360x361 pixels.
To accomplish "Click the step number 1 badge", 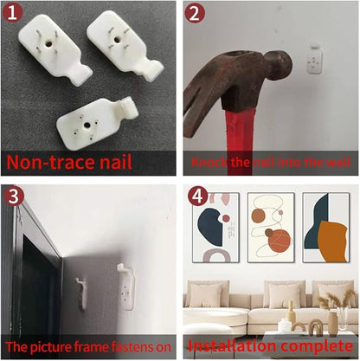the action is [x=12, y=13].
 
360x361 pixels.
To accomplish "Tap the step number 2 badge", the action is [x=195, y=13].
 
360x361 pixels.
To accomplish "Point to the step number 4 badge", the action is [x=198, y=197].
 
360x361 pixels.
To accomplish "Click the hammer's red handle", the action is [x=241, y=140].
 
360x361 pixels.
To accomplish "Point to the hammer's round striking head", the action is [x=280, y=63].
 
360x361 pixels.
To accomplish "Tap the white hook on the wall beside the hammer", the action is [x=314, y=59].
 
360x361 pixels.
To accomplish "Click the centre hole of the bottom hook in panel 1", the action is [x=87, y=126].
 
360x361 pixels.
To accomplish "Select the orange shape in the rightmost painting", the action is [x=332, y=242].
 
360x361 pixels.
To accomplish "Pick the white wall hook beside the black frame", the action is [x=127, y=287].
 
